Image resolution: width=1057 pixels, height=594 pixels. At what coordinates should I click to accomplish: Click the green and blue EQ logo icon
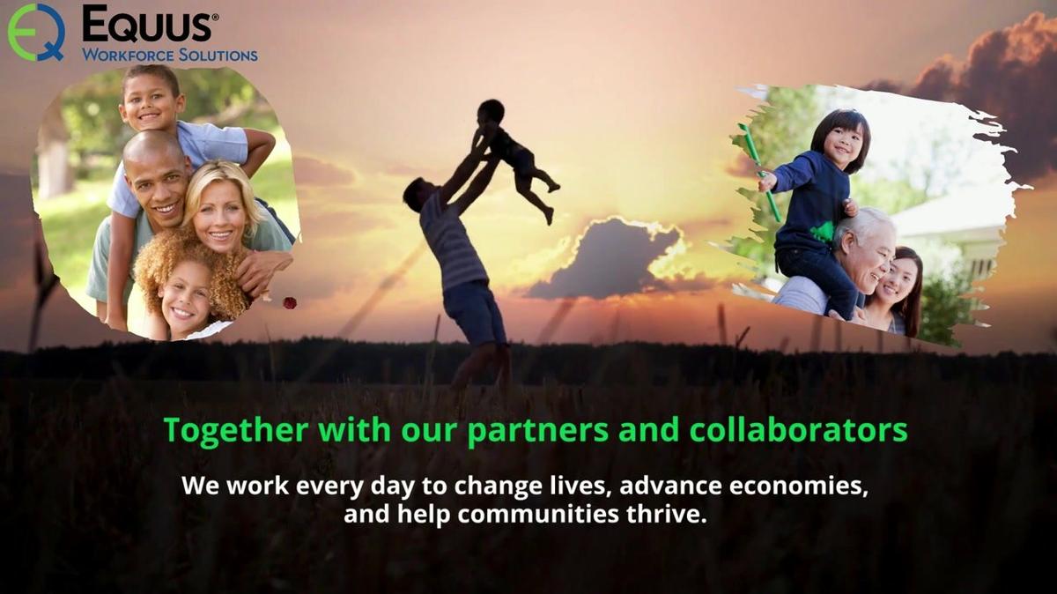(36, 32)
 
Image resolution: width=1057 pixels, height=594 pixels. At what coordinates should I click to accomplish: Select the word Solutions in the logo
(216, 55)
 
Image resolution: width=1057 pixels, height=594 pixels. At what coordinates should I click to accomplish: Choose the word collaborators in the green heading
(798, 431)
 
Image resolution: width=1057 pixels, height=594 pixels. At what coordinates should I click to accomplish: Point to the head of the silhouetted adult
(416, 194)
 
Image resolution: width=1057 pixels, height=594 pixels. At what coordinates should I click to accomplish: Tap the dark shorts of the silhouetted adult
(474, 313)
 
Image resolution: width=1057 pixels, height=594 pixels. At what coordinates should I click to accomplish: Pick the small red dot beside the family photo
(289, 302)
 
